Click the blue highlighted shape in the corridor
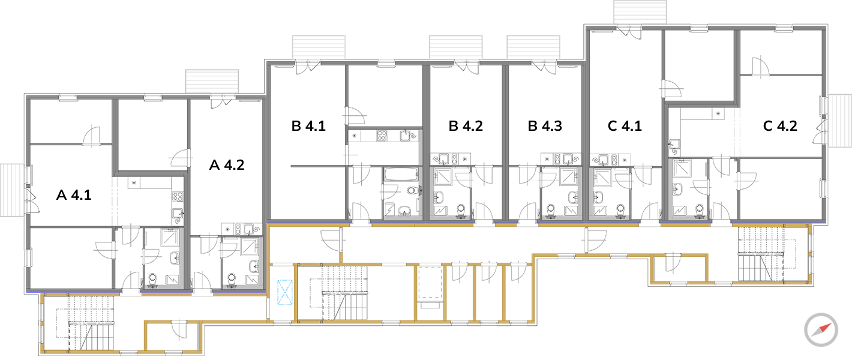[x=282, y=293]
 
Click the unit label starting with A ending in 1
[x=73, y=195]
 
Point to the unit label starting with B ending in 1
[x=308, y=126]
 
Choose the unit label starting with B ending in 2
[x=466, y=126]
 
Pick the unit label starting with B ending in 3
[x=545, y=126]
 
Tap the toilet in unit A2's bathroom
[x=232, y=278]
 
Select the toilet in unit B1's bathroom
[x=413, y=191]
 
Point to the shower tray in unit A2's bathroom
[x=249, y=247]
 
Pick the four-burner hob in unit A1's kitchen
[x=178, y=196]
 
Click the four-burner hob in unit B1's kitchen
[x=382, y=136]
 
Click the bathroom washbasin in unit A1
[x=175, y=258]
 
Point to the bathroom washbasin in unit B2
[x=439, y=196]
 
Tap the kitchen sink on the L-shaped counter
[x=674, y=144]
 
